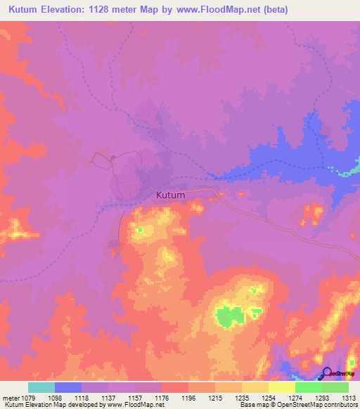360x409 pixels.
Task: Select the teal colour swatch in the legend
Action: [x=41, y=387]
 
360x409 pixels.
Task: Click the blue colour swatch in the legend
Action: [x=68, y=387]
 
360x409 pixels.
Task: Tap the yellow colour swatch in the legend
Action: [x=282, y=387]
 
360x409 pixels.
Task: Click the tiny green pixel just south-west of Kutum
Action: [x=140, y=230]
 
